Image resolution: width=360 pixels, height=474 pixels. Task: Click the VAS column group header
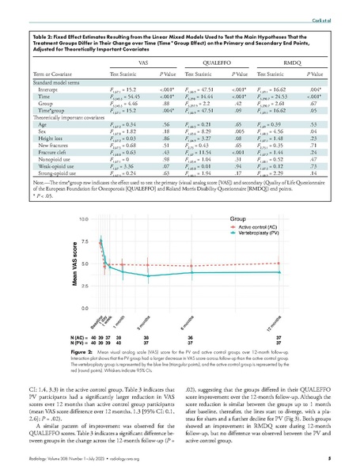click(x=144, y=60)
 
